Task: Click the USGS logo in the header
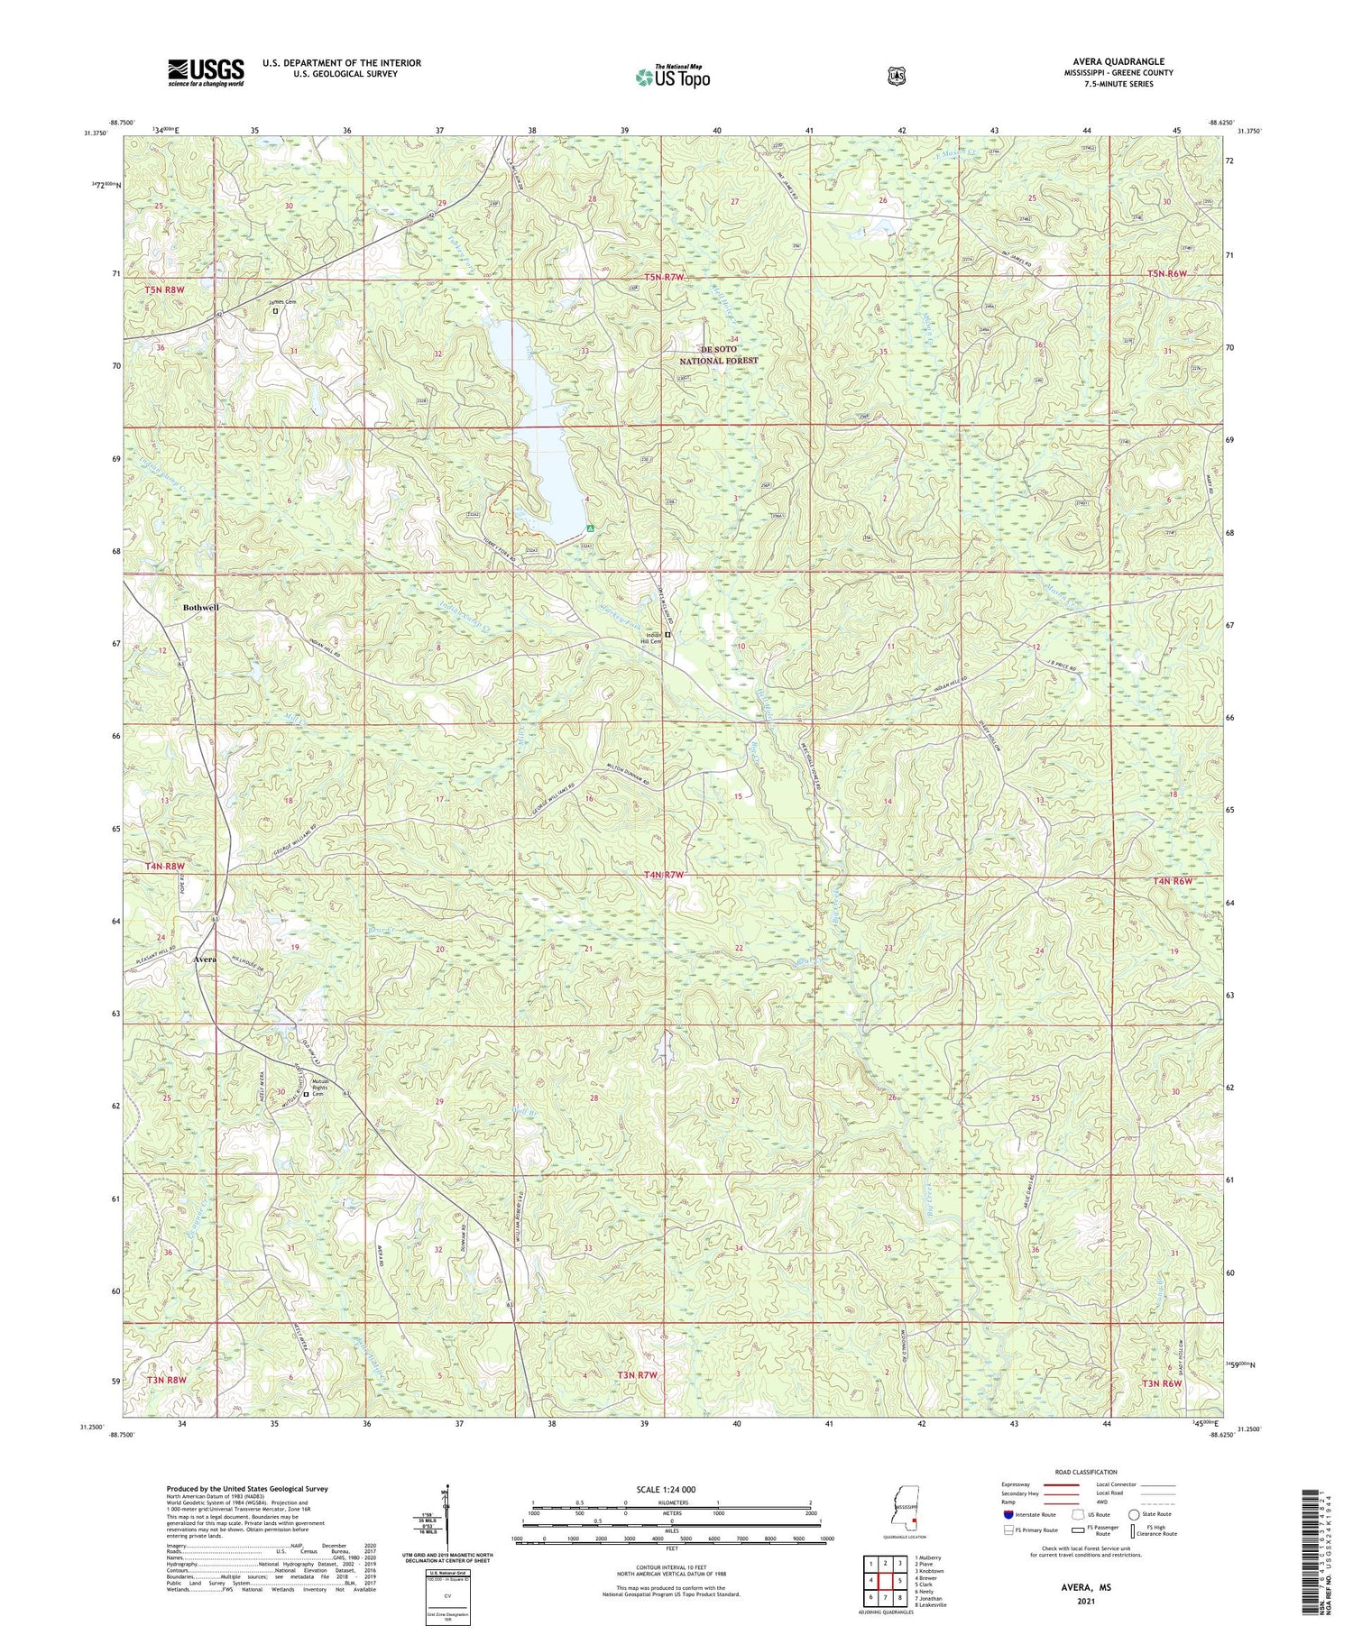coord(206,72)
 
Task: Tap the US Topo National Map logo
coord(672,78)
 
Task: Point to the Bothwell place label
coord(200,608)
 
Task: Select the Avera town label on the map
coord(205,960)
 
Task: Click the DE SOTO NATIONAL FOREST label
coord(719,354)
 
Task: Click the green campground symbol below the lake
coord(589,528)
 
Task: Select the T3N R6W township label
coord(1170,1382)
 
